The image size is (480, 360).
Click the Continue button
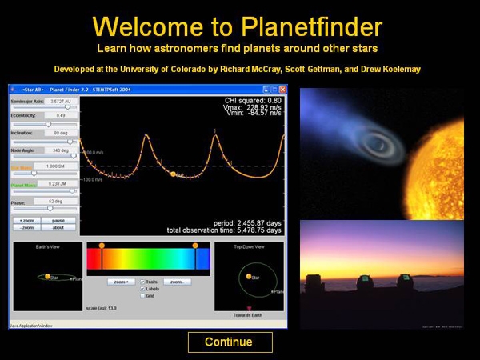230,342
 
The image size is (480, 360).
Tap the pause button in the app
58,220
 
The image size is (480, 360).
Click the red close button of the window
282,89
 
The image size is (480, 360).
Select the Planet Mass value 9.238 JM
58,184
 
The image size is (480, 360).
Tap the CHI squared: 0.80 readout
255,101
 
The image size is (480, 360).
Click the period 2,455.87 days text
247,223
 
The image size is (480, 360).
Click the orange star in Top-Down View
248,276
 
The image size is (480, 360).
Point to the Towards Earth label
250,317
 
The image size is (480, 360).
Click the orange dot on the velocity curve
172,173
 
